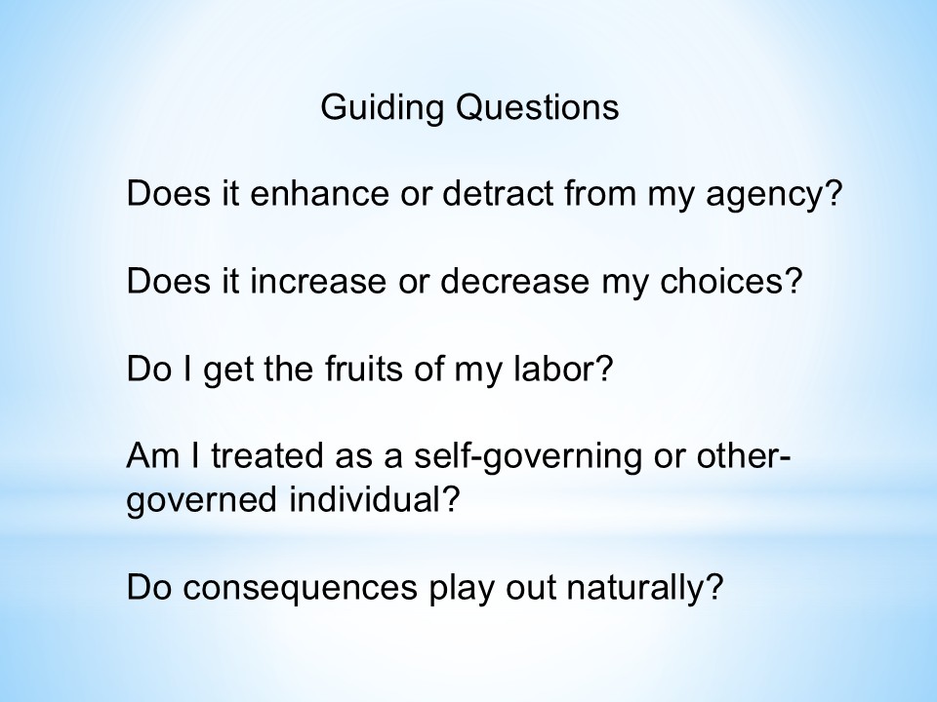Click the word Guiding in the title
382,108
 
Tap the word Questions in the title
537,107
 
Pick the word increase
318,281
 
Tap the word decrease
514,281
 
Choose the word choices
723,281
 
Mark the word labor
555,369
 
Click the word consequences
300,587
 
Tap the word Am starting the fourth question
152,456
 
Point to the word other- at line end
744,456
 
